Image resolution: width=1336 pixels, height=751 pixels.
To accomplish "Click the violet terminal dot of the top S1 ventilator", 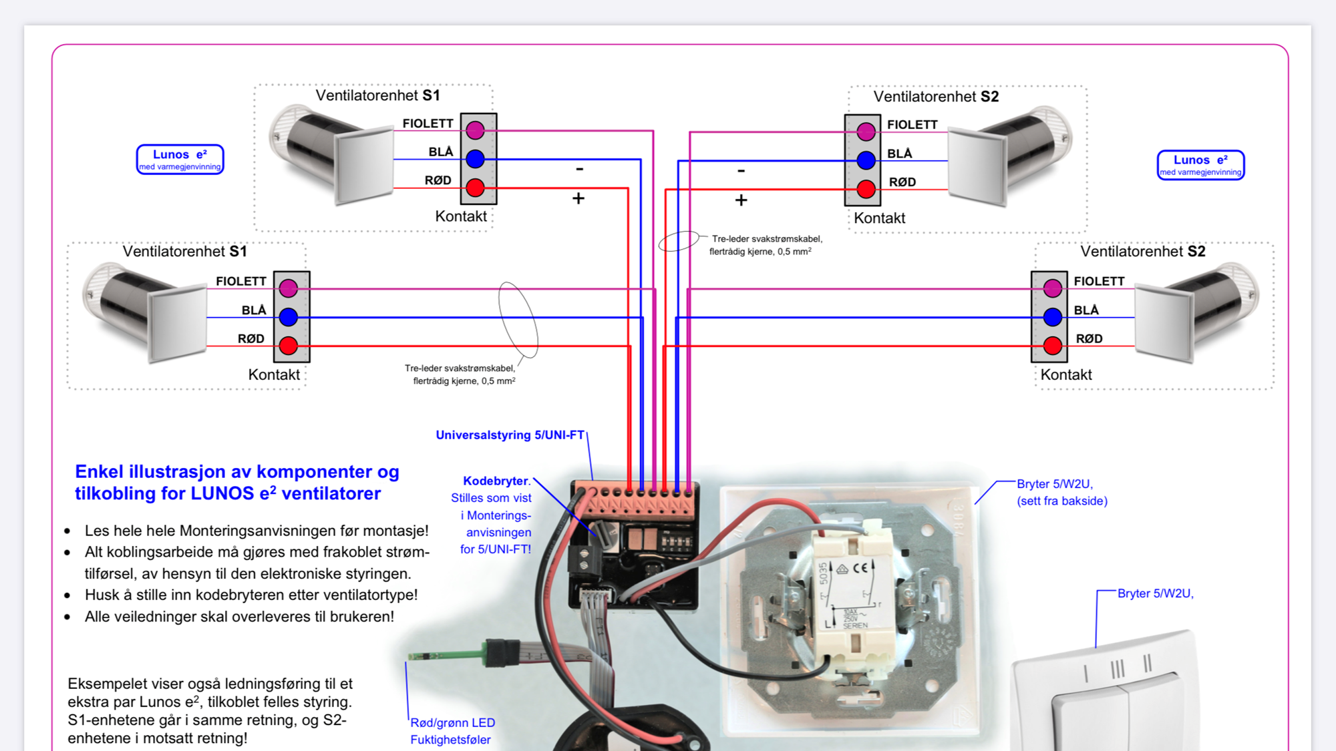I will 475,130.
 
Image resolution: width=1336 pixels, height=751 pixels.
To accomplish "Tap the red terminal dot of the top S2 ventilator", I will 866,190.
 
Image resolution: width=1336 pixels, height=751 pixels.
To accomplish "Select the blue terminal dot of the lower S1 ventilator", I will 288,317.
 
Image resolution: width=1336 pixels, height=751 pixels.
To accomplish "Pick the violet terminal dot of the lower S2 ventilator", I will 1052,288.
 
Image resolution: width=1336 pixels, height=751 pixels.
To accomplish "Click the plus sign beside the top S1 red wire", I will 578,198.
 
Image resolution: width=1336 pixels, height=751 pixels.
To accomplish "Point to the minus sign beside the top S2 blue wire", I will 741,171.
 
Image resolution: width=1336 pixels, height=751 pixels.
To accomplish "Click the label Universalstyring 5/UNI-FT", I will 510,435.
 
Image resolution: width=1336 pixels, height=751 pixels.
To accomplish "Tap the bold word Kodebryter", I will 495,481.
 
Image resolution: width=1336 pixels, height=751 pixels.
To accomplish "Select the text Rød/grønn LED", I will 452,723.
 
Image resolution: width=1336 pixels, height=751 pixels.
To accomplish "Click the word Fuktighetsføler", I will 450,740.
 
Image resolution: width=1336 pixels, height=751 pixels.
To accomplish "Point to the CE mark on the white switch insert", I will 861,568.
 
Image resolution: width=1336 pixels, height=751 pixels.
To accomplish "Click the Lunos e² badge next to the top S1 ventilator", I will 180,160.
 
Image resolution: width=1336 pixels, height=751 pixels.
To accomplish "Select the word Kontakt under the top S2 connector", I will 879,218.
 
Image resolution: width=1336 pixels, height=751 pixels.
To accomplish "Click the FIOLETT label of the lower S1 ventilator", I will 240,282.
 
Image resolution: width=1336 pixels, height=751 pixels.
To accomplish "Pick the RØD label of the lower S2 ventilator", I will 1089,339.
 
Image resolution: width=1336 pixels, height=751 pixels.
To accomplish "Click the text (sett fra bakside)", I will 1061,501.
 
